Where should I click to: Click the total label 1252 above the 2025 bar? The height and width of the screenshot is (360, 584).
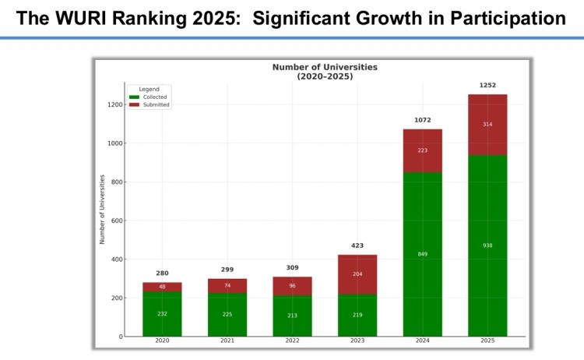click(487, 86)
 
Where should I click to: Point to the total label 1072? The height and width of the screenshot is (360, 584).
click(422, 120)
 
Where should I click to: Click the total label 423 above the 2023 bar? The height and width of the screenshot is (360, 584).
click(357, 245)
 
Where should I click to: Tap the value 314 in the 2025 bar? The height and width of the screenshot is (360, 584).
click(487, 125)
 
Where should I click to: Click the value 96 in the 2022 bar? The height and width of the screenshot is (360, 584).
click(292, 286)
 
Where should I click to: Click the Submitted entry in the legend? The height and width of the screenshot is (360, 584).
click(156, 105)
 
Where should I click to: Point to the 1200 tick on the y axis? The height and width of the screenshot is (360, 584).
click(115, 104)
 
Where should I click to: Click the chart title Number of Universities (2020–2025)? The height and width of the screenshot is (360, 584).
click(325, 72)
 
